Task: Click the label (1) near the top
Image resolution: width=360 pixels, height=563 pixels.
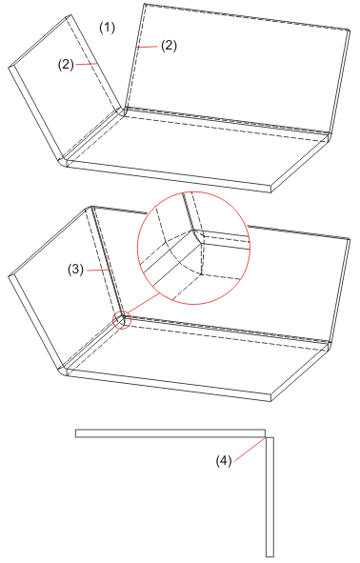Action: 107,28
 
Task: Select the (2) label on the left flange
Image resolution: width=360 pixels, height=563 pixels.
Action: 66,65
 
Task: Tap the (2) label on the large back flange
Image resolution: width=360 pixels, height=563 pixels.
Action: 169,46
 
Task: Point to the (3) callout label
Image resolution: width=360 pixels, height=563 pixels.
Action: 76,270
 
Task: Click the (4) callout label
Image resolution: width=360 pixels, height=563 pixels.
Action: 224,461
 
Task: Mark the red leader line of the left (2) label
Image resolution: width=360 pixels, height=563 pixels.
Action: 86,64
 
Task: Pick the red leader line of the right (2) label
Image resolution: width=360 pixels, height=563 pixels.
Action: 147,47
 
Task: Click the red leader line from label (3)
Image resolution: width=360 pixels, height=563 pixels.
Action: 96,270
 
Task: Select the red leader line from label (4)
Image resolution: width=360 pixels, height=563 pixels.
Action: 250,448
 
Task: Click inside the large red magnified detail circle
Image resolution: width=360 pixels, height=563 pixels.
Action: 194,248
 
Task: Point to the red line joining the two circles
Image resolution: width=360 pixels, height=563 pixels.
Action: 144,303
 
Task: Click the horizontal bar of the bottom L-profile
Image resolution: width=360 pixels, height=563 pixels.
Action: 170,433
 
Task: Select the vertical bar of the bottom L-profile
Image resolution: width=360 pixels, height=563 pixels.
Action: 270,497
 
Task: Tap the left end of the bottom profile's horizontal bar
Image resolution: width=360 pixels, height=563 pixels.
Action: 75,433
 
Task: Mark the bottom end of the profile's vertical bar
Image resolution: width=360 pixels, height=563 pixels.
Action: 270,557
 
